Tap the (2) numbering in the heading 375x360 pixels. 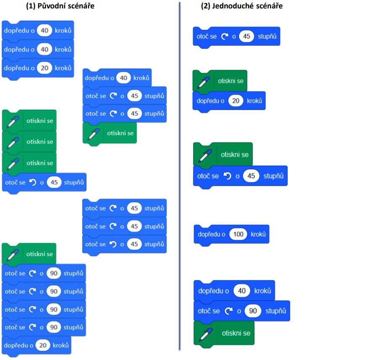(x=205, y=6)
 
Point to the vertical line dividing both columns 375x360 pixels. (x=180, y=176)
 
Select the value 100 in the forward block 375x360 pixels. (x=238, y=234)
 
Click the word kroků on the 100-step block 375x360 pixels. (x=258, y=234)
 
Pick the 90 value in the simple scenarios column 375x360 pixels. (x=253, y=311)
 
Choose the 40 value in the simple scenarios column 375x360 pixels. (x=242, y=291)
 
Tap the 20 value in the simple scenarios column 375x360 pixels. (x=236, y=101)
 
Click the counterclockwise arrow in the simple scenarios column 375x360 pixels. (x=228, y=176)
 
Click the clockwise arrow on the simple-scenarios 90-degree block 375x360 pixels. (x=229, y=311)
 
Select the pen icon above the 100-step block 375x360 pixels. (x=205, y=156)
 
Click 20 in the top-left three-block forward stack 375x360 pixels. (x=44, y=68)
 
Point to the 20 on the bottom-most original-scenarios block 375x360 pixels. (x=43, y=345)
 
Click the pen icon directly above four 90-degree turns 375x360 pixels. (x=13, y=255)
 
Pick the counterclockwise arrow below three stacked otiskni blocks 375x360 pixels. (x=32, y=182)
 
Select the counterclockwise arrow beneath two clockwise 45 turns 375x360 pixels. (x=113, y=244)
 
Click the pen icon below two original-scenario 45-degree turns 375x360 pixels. (x=94, y=134)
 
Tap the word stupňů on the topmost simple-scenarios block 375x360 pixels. (x=267, y=37)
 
